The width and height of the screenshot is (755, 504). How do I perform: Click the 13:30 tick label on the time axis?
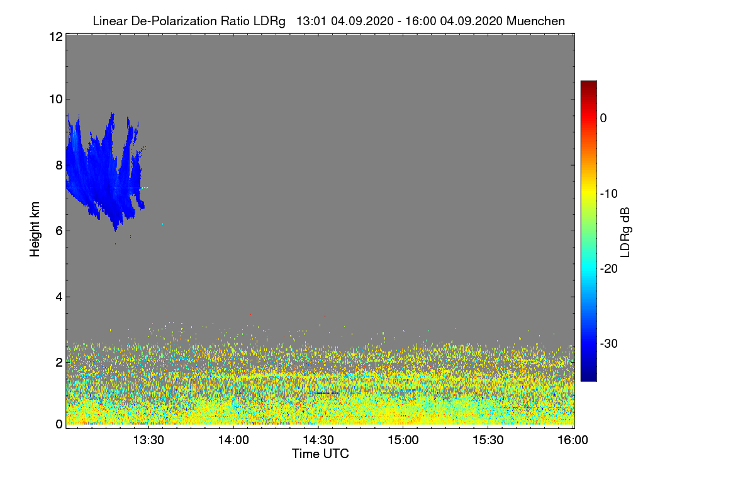(x=148, y=440)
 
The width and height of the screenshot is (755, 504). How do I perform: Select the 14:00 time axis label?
(x=233, y=440)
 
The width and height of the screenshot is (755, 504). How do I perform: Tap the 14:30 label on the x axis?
(x=318, y=440)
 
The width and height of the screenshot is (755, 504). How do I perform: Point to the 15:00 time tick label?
(x=403, y=440)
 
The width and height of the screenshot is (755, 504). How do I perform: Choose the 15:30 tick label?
(x=488, y=440)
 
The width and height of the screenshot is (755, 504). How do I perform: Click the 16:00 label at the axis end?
(x=573, y=440)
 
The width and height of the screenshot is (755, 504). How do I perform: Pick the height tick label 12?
(x=56, y=37)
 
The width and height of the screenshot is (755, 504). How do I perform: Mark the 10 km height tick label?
(x=56, y=100)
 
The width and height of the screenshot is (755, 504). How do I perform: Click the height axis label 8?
(x=59, y=166)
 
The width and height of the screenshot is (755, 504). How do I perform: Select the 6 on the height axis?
(x=59, y=231)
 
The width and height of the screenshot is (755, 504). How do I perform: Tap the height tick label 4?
(x=59, y=297)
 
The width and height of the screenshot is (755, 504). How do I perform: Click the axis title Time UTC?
(x=320, y=454)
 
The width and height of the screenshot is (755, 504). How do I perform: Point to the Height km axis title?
(x=35, y=229)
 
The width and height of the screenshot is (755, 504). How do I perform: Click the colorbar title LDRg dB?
(x=625, y=232)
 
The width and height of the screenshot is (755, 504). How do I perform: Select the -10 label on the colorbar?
(x=609, y=194)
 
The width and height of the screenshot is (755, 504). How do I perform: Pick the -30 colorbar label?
(x=609, y=343)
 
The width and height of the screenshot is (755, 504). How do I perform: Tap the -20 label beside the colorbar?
(x=609, y=269)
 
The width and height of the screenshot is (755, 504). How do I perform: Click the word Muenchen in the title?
(x=535, y=21)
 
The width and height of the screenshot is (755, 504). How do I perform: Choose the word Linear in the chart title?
(x=110, y=21)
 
